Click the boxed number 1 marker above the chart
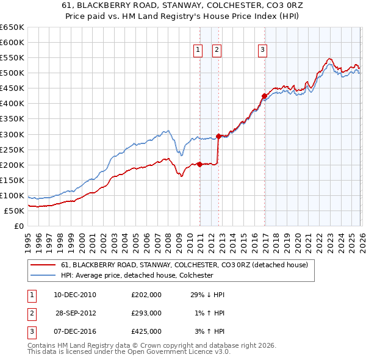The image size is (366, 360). pos(199,51)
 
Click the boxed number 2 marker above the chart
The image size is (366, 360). pos(217,51)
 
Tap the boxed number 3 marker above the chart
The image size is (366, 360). pos(262,51)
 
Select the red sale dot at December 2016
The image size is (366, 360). pos(264,96)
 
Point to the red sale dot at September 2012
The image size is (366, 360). pos(219,136)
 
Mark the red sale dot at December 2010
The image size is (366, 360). pos(199,164)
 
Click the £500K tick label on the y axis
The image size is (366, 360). pos(12,73)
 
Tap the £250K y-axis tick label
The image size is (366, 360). pos(12,149)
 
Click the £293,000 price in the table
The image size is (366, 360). pos(146,313)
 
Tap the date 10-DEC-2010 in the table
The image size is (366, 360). pos(75,295)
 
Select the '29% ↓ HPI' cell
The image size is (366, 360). pos(207,295)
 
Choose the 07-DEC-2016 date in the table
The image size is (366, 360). pos(75,331)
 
